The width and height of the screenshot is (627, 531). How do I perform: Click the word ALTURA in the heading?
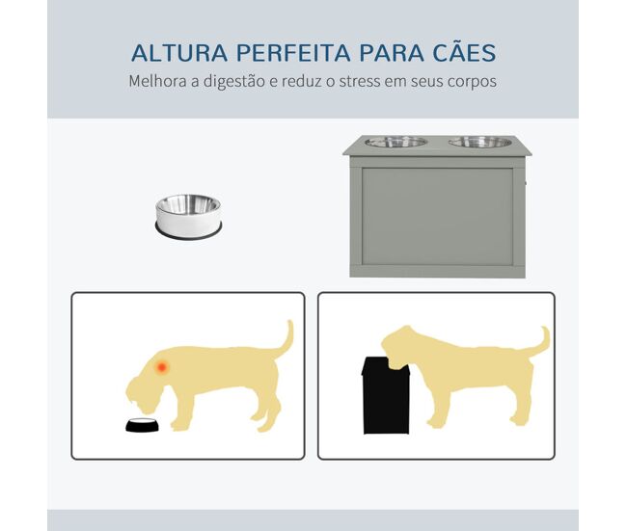click(179, 53)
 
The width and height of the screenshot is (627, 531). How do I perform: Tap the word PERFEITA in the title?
click(293, 53)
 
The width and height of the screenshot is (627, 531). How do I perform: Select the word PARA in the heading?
click(392, 53)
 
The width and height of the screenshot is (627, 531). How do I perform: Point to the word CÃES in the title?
click(465, 51)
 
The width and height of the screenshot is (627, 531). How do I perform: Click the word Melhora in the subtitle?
click(158, 81)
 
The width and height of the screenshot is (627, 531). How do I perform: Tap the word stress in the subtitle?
click(360, 82)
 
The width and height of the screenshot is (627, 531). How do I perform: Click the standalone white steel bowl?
click(188, 217)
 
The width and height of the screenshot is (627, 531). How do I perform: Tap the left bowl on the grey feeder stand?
click(396, 142)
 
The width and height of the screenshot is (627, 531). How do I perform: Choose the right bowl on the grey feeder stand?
click(480, 142)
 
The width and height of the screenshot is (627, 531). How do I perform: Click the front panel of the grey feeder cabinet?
click(438, 216)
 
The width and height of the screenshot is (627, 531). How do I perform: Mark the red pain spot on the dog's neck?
click(162, 366)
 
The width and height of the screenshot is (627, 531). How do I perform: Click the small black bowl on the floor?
click(142, 425)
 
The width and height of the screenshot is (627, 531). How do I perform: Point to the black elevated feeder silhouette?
click(386, 395)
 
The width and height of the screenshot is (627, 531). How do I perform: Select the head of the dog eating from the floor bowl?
click(145, 393)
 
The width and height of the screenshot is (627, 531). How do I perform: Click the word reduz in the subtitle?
click(301, 81)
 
